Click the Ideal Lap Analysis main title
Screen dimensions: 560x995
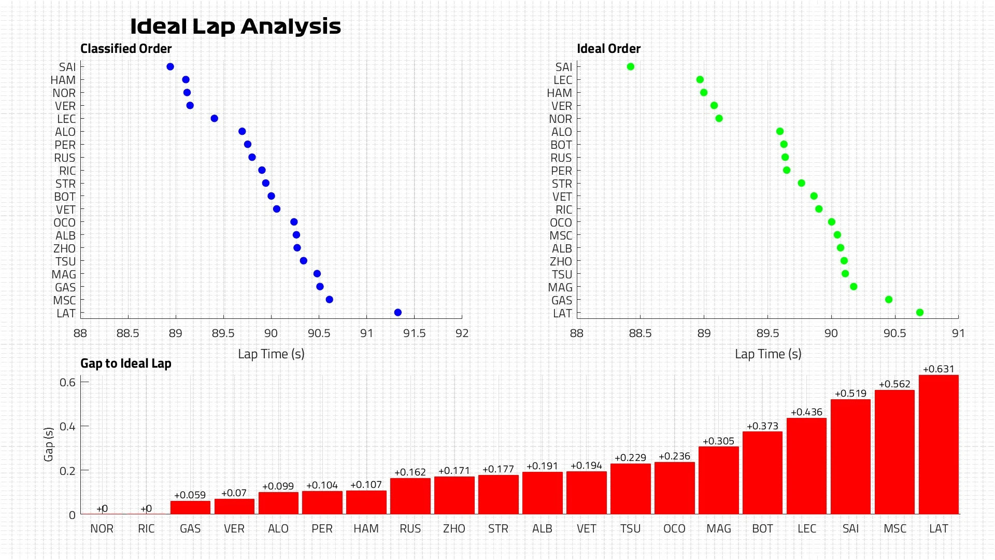(235, 26)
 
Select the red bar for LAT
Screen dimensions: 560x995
(939, 444)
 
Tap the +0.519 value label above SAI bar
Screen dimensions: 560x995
(850, 394)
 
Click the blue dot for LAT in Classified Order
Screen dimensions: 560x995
(397, 313)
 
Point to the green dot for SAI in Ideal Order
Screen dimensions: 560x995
(631, 67)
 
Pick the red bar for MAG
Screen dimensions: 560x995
(718, 480)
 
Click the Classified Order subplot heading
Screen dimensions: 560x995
(126, 49)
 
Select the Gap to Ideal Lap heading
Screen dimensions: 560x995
(126, 363)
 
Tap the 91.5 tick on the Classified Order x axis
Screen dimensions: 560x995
(414, 333)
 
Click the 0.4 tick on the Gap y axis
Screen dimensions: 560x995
(67, 427)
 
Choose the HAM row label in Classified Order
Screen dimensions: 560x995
(63, 80)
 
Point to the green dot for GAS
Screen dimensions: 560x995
(889, 300)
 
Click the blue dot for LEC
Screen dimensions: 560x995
(215, 119)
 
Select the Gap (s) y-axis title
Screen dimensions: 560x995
(49, 444)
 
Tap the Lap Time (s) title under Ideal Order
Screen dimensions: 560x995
(768, 354)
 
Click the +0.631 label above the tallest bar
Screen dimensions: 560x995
(939, 369)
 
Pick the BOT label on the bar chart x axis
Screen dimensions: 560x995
(762, 529)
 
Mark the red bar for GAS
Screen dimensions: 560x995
(190, 508)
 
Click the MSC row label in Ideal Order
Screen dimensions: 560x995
(561, 236)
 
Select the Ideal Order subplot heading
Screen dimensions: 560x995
(609, 49)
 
